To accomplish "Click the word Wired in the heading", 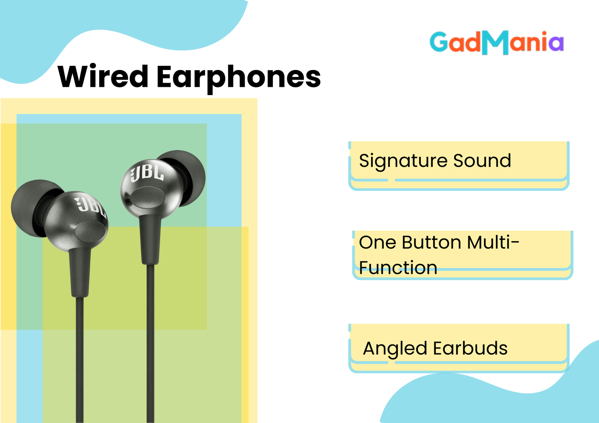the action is pos(103,76).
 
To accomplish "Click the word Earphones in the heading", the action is pos(238,79).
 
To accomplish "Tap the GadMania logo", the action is pos(496,43).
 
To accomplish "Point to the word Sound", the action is pos(482,160).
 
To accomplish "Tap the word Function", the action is pos(398,267).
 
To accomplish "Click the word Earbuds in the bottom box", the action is pos(470,348).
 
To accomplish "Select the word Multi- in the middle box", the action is pos(493,242).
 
